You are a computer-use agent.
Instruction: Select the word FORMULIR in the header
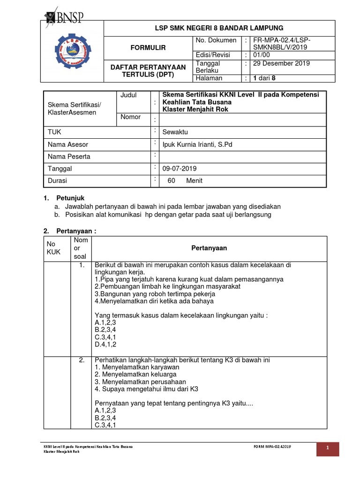pyautogui.click(x=148, y=48)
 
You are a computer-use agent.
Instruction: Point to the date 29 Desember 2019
pyautogui.click(x=281, y=64)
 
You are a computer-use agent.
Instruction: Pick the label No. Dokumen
pyautogui.click(x=216, y=40)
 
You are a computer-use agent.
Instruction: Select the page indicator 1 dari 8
pyautogui.click(x=264, y=78)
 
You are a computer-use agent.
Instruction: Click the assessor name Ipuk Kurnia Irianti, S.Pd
pyautogui.click(x=197, y=144)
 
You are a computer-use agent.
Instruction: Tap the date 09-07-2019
pyautogui.click(x=180, y=168)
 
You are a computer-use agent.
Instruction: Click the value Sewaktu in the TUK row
pyautogui.click(x=174, y=132)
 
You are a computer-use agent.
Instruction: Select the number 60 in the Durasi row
pyautogui.click(x=171, y=180)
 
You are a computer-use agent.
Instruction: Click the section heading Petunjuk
pyautogui.click(x=70, y=198)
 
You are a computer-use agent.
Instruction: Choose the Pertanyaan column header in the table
pyautogui.click(x=209, y=248)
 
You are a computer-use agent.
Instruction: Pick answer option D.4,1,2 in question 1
pyautogui.click(x=105, y=345)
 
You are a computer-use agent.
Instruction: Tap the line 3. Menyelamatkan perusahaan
pyautogui.click(x=140, y=382)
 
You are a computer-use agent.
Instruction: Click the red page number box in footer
pyautogui.click(x=335, y=449)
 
